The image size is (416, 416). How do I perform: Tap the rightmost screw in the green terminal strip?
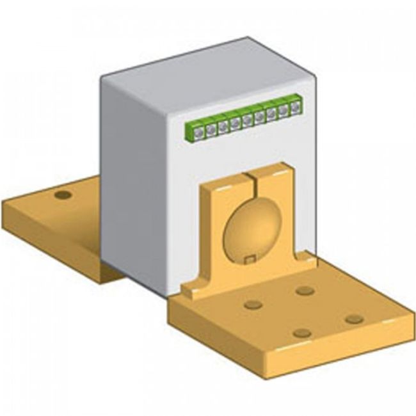tap(295, 108)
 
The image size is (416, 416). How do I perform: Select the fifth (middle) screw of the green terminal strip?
tap(247, 120)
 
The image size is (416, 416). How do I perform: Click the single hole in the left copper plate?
tap(63, 195)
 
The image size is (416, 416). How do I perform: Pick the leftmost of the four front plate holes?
tap(253, 305)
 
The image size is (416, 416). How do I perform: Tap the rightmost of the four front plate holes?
tap(354, 319)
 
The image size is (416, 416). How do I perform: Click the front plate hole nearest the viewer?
tap(301, 333)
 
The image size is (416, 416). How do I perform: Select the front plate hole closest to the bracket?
tap(305, 291)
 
